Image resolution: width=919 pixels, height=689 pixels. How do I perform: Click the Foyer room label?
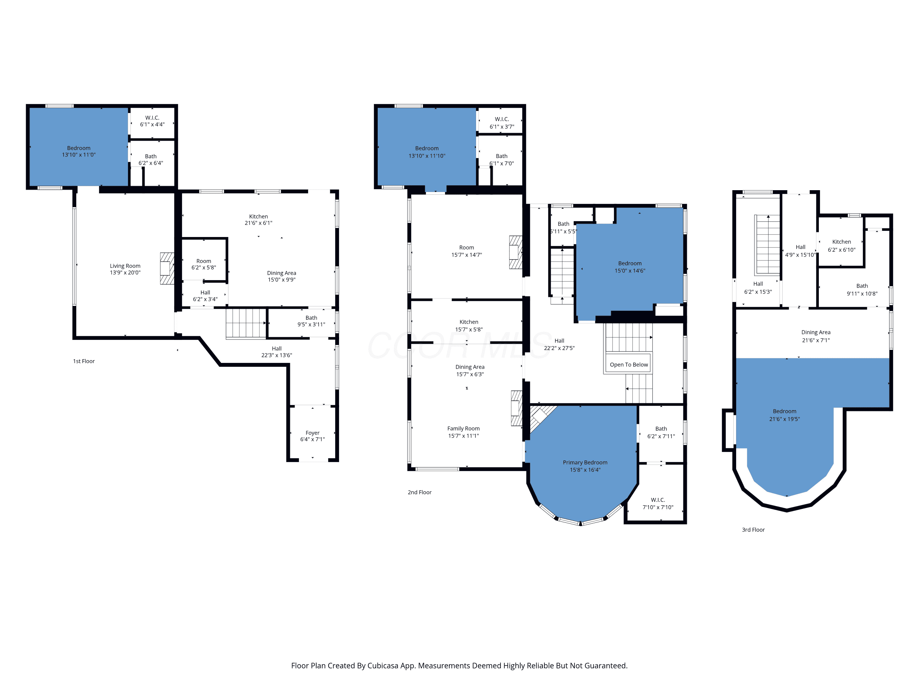coord(312,436)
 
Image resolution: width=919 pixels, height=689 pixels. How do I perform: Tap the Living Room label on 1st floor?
coord(125,269)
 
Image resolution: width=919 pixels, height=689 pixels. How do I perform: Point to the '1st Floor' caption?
coord(84,361)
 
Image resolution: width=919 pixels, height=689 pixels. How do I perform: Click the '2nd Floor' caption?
coord(420,492)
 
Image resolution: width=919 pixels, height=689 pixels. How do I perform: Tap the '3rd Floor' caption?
coord(753,529)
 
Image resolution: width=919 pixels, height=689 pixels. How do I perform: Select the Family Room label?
coord(463,432)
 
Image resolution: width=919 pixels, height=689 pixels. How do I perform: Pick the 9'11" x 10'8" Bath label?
coord(862,289)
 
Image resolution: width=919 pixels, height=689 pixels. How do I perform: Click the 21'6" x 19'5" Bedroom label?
coord(785,415)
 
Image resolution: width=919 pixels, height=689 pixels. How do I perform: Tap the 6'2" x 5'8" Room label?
coord(204,264)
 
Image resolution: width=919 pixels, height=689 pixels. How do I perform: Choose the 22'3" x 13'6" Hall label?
coord(277,352)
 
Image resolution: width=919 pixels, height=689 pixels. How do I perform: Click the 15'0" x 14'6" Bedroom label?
coord(630,267)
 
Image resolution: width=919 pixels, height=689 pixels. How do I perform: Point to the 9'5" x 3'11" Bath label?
coord(311,321)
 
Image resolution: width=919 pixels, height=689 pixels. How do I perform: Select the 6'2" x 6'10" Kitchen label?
coord(841,246)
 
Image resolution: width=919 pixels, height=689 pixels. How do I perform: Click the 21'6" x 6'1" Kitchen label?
coord(259,220)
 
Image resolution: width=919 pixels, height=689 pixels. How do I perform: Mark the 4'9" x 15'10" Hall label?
coord(800,251)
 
